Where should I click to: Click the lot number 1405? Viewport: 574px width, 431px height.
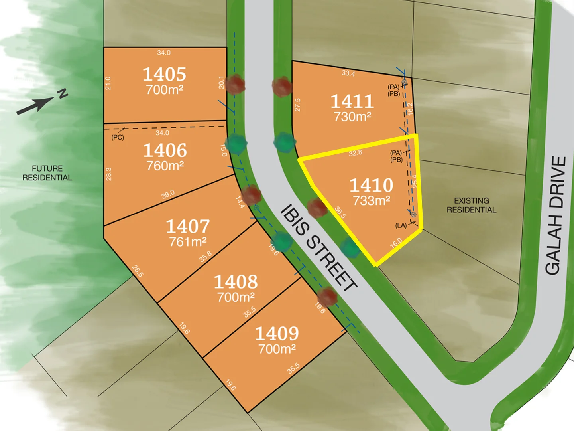pos(164,74)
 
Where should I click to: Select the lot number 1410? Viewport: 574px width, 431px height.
pos(371,185)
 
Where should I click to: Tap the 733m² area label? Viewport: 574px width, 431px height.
pos(371,200)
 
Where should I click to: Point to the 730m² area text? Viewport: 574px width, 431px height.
pos(352,117)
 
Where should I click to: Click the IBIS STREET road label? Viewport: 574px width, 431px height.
pos(318,247)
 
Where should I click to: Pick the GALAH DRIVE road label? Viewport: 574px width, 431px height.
pos(556,215)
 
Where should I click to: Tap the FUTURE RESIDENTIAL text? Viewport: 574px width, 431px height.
pos(47,173)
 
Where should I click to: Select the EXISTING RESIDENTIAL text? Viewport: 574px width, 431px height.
pos(471,205)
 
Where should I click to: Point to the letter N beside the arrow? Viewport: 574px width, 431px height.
pos(63,94)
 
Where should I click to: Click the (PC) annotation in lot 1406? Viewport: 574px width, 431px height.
pos(118,138)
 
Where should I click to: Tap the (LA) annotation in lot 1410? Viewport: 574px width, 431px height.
pos(401,225)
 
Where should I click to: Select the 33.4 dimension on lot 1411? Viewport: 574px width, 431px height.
pos(348,73)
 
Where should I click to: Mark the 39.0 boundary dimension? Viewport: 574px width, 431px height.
pos(168,194)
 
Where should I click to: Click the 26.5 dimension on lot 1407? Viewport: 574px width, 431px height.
pos(138,271)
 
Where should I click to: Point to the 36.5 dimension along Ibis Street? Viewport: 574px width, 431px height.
pos(340,212)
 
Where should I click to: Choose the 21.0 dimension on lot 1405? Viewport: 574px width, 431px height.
pos(108,83)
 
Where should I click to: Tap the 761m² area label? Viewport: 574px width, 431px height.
pos(188,242)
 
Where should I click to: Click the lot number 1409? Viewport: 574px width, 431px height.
pos(277,334)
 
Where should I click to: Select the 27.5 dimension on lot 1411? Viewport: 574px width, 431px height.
pos(297,105)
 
